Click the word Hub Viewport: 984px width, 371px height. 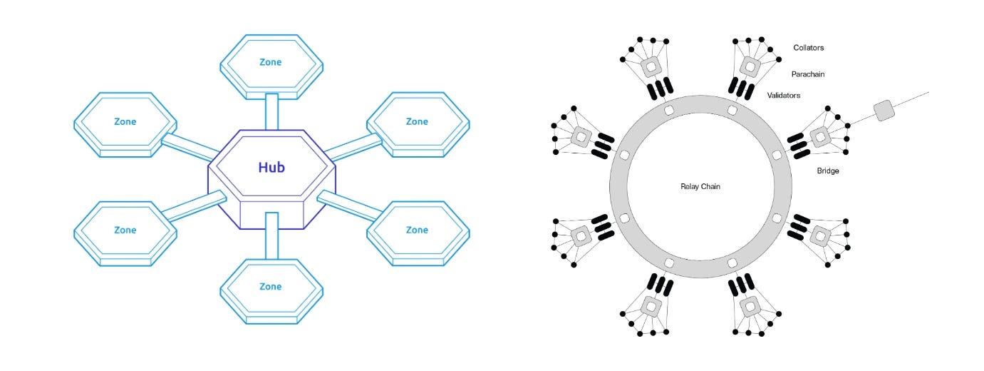pos(271,168)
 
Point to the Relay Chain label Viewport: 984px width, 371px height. pos(700,187)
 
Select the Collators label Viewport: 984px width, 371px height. pos(809,48)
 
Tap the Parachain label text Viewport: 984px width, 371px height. pos(807,74)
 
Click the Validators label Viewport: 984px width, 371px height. pos(784,95)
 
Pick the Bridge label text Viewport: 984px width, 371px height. pos(828,171)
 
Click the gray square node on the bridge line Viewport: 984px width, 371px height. pos(884,111)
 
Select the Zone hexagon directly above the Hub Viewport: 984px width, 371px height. pos(271,63)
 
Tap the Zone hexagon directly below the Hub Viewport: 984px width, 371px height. pos(271,287)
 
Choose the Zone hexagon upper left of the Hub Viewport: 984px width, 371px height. pos(125,122)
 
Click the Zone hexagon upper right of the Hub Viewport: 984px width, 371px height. pos(417,122)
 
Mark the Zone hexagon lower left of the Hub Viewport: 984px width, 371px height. pos(125,230)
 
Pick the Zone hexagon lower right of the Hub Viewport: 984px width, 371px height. pos(417,230)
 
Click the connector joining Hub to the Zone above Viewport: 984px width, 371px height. pos(271,112)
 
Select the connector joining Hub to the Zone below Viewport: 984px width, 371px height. pos(271,235)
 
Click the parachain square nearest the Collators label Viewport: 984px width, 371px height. pos(749,67)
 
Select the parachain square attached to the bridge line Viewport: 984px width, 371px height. pos(820,136)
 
